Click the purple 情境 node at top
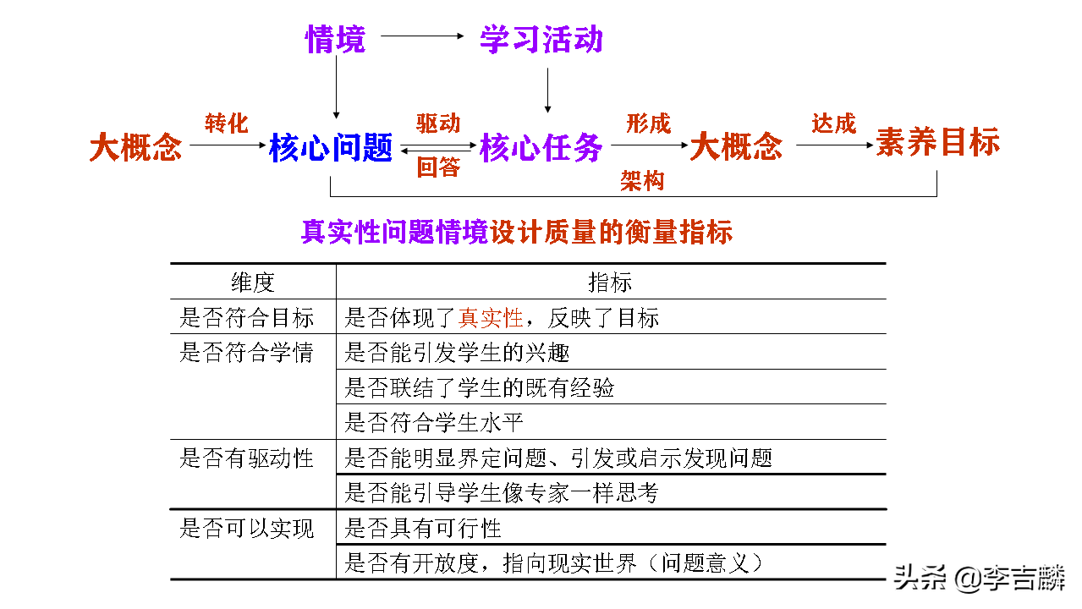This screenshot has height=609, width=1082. tap(335, 39)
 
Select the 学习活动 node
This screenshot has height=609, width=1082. tap(541, 39)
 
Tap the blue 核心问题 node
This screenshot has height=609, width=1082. tap(331, 148)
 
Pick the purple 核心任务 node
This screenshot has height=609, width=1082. tap(541, 148)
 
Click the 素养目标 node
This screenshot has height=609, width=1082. tap(937, 142)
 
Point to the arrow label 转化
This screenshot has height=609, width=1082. tap(227, 123)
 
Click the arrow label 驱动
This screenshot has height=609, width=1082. tap(438, 123)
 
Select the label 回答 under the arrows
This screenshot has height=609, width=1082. tap(438, 167)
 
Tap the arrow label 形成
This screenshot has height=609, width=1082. tap(648, 123)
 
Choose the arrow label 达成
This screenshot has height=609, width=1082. tap(834, 123)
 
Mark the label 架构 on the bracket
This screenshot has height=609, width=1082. tap(642, 180)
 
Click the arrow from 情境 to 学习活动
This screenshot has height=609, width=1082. tap(423, 36)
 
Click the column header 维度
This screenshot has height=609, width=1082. tap(253, 283)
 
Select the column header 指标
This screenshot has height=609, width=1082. tap(610, 283)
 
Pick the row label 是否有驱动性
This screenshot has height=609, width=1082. tap(247, 458)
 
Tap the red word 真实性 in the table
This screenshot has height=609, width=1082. tap(491, 318)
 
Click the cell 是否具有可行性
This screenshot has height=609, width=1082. tap(423, 529)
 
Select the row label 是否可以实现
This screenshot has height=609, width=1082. tap(247, 529)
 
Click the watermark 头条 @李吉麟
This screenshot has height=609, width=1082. tap(978, 579)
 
